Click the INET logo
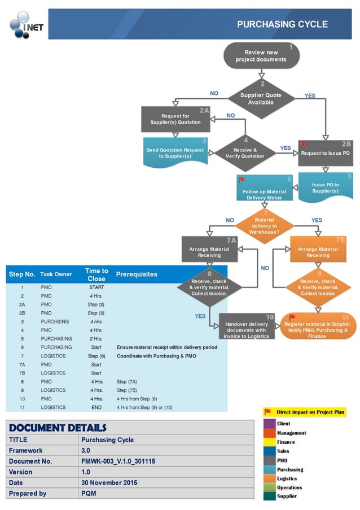tap(25, 24)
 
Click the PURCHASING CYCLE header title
tap(282, 24)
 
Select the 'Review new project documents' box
tap(261, 56)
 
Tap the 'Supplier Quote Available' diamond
tap(261, 99)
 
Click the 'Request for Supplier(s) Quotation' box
tap(175, 119)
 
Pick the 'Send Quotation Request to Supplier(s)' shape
tap(175, 153)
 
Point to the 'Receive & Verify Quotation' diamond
tap(245, 153)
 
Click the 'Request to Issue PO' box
tap(325, 152)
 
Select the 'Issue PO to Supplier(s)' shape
tap(325, 188)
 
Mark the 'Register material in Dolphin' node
tap(317, 327)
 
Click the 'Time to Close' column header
tap(96, 274)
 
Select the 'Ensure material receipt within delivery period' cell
tap(166, 347)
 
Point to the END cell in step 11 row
tap(96, 407)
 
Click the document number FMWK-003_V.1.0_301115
tap(118, 461)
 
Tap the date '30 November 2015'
tap(109, 483)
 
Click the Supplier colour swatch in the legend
tap(269, 496)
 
